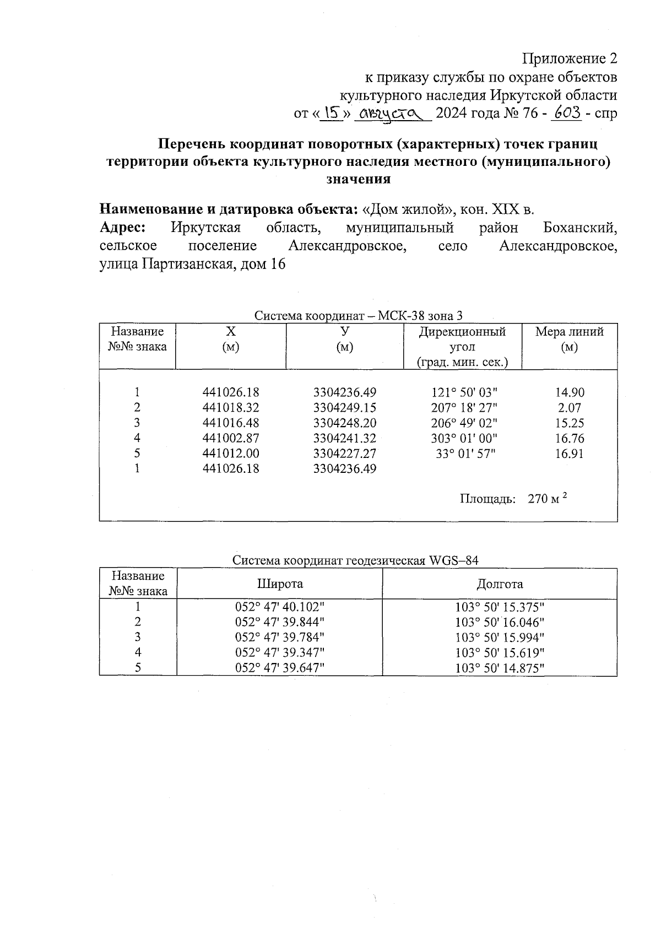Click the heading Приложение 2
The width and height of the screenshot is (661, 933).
tap(570, 59)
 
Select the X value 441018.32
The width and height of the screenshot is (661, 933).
tap(231, 408)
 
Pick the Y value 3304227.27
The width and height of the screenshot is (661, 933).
tap(345, 454)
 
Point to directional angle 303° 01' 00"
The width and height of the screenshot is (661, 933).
tap(464, 439)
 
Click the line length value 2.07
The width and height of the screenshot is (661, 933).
tap(569, 408)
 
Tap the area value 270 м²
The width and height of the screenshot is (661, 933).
tap(547, 499)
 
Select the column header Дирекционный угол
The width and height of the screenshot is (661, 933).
tap(462, 339)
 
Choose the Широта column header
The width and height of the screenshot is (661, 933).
tap(280, 584)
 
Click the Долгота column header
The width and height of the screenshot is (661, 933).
tap(500, 584)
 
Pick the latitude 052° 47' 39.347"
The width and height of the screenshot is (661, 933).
tap(280, 652)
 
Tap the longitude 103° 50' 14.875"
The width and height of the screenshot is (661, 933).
tap(500, 668)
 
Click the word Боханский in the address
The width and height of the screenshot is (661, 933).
tap(579, 228)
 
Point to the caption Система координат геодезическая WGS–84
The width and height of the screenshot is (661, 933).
tap(355, 560)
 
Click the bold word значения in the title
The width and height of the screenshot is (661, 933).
tap(359, 179)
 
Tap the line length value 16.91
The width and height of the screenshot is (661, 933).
tap(569, 454)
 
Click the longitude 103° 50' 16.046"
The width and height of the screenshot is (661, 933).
tap(500, 622)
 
